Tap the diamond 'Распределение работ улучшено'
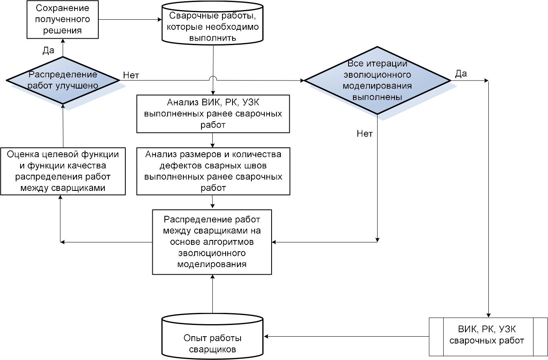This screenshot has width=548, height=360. (62, 80)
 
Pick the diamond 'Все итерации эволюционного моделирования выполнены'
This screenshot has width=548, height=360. (377, 80)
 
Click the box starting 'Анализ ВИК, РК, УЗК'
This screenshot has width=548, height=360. (213, 114)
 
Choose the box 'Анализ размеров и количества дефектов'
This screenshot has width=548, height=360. (213, 171)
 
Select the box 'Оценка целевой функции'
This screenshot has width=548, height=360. (62, 171)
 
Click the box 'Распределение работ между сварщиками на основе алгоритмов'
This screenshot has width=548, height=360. (212, 242)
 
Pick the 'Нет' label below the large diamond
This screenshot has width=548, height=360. (365, 134)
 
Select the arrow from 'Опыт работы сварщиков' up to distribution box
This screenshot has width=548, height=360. (212, 294)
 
